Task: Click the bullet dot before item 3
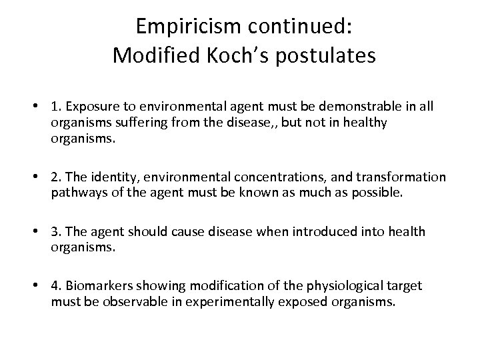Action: coord(42,231)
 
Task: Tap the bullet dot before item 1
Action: coord(42,105)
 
